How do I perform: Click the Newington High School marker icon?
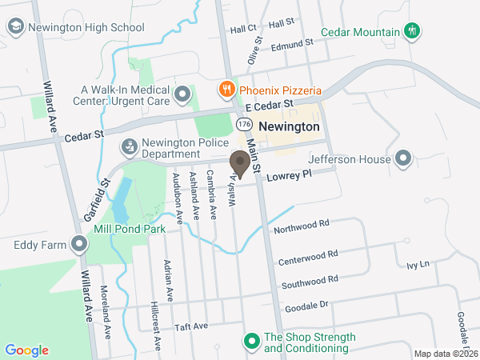coord(16,27)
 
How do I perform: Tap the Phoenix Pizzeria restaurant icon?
coord(226,89)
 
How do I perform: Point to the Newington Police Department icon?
coord(128,147)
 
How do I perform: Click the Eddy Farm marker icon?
coord(78,244)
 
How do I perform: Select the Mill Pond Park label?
coord(129,228)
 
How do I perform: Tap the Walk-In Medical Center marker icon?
coord(183,96)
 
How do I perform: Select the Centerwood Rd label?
coord(309,256)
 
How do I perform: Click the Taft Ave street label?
coord(191,326)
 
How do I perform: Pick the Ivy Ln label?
coord(418,264)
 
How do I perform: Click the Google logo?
coord(26,350)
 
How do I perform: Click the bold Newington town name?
coord(289,127)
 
